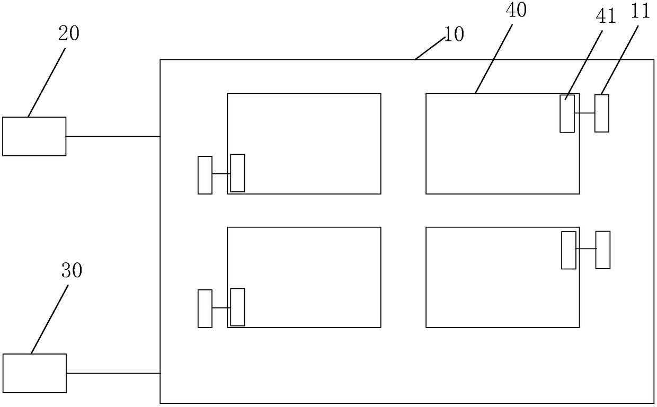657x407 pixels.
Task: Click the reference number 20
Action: click(69, 33)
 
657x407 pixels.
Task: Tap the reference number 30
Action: click(72, 271)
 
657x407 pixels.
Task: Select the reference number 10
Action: click(453, 34)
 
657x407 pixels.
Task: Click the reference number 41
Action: click(606, 17)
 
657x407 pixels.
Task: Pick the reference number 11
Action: click(641, 12)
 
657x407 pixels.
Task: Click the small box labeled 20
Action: click(34, 136)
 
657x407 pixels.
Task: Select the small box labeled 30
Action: click(34, 373)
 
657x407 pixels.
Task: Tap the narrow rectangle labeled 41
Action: click(567, 113)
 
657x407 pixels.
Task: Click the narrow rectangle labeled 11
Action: click(601, 113)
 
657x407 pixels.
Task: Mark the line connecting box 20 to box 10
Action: click(113, 136)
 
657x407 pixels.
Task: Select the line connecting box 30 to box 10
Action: click(113, 373)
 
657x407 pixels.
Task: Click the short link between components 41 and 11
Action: click(584, 113)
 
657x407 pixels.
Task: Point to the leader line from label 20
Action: click(48, 79)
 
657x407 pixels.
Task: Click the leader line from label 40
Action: click(494, 57)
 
